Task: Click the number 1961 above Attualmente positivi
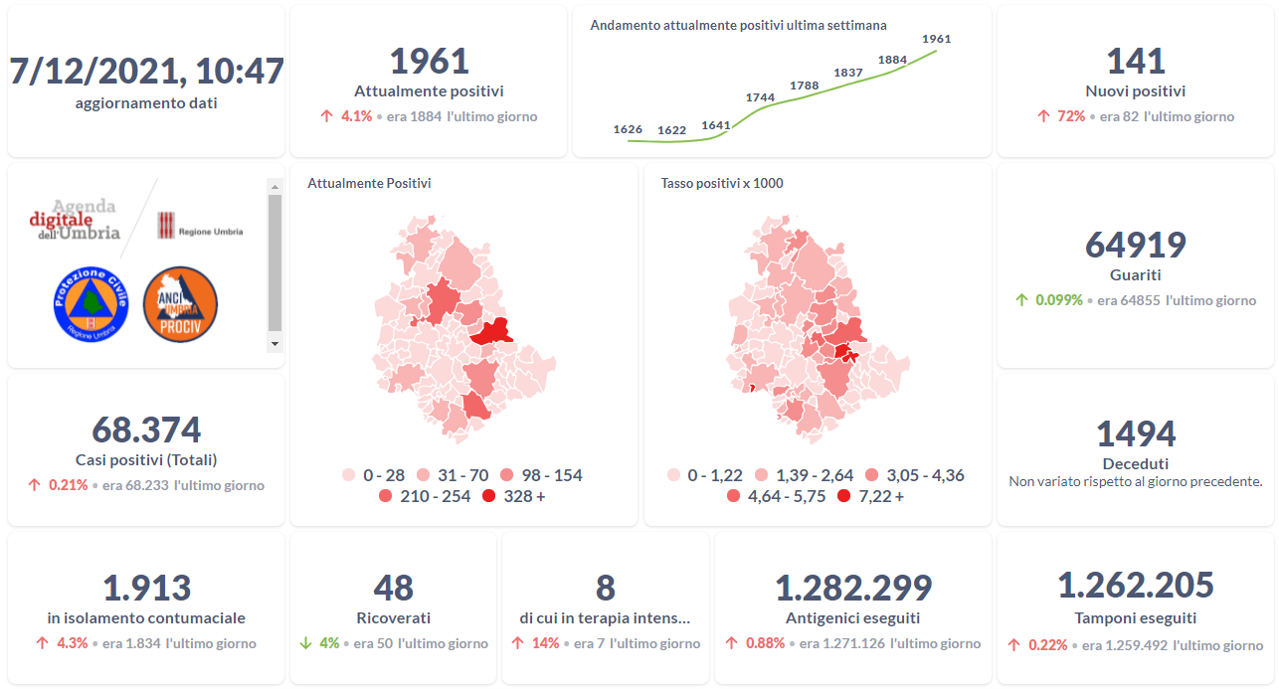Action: point(429,61)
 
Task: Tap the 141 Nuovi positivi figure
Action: point(1135,61)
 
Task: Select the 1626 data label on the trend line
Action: point(628,129)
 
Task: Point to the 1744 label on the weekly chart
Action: point(760,97)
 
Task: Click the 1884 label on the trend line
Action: point(892,60)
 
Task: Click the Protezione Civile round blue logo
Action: point(91,304)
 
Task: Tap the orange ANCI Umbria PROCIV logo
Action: point(180,304)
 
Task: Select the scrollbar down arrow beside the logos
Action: point(275,343)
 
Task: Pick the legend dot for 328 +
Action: point(489,496)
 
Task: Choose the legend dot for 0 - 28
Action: point(349,475)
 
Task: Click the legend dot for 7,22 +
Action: point(844,496)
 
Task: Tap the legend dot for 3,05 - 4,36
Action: point(872,475)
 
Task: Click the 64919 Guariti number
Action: point(1135,245)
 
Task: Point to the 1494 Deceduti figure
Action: point(1135,433)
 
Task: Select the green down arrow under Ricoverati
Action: point(306,643)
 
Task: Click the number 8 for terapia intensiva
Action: point(605,588)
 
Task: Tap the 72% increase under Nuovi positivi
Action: point(1071,116)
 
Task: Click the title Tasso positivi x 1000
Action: point(721,183)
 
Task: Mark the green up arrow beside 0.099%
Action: point(1021,299)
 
